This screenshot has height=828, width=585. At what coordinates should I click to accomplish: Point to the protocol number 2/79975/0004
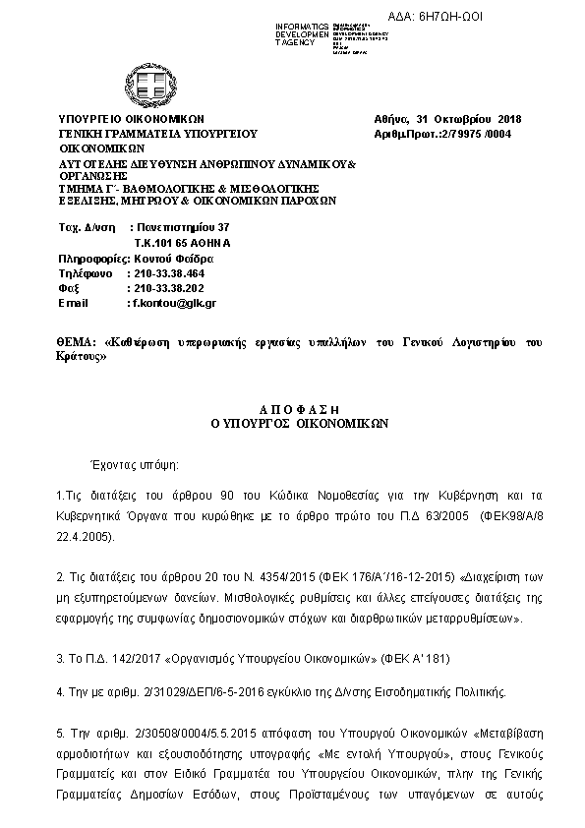[x=466, y=135]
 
